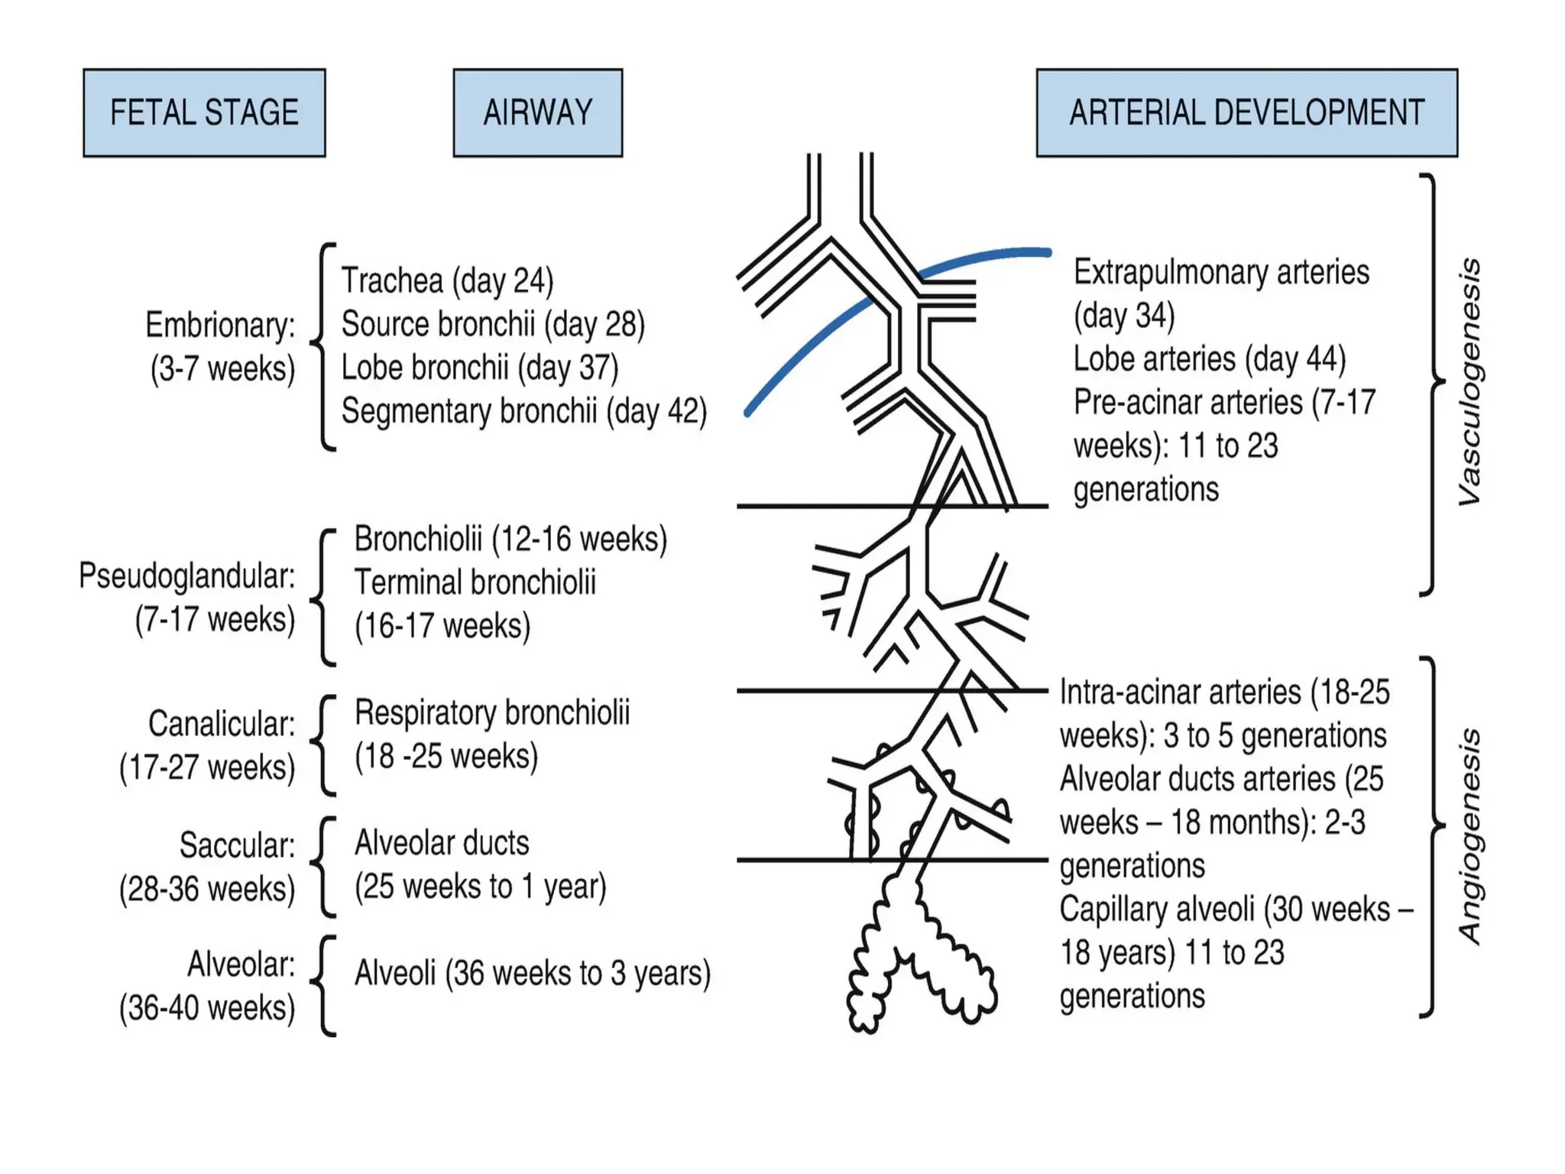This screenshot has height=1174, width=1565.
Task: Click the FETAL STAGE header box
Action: pos(204,113)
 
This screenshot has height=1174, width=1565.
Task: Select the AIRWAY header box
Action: pos(537,113)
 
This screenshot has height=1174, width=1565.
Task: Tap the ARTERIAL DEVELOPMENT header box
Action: pos(1246,113)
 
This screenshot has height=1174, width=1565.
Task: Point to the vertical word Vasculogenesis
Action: pos(1469,382)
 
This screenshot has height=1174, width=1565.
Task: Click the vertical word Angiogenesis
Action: pos(1469,837)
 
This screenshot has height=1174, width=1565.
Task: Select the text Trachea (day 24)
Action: pos(447,281)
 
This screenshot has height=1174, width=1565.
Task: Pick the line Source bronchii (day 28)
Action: pos(493,324)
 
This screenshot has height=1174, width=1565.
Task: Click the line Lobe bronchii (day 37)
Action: pos(479,368)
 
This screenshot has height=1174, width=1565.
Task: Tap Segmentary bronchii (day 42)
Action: pos(523,411)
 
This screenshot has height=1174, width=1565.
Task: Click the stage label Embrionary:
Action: pos(221,326)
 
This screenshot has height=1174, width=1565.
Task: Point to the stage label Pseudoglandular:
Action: pos(187,576)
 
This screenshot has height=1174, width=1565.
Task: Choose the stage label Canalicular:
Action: pos(222,724)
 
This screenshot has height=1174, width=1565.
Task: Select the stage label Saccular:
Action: pos(237,845)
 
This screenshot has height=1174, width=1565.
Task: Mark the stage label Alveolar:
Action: pos(241,965)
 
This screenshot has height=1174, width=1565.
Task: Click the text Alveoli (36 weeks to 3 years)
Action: pos(532,974)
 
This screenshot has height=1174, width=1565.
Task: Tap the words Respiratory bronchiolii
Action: pos(492,713)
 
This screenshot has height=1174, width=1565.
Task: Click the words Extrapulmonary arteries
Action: pos(1221,273)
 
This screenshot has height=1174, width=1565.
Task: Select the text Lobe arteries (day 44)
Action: pos(1209,359)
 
